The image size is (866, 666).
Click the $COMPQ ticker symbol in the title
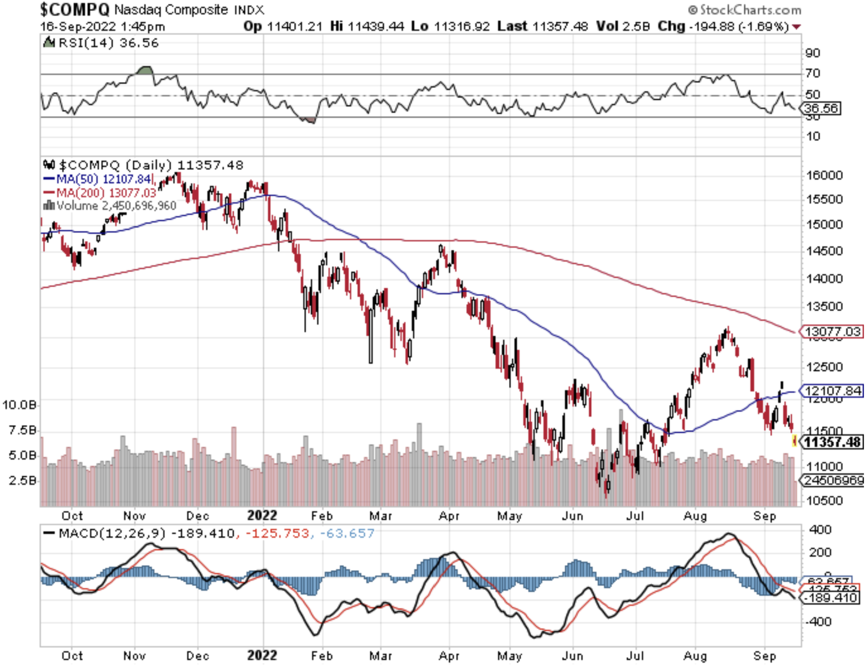click(x=74, y=9)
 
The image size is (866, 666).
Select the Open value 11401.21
click(x=294, y=26)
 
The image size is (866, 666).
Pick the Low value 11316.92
click(x=462, y=26)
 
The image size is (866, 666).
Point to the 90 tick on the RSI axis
click(x=813, y=53)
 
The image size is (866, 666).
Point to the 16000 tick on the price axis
click(x=824, y=175)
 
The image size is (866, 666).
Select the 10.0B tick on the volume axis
click(x=19, y=405)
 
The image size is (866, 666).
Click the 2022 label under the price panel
click(x=262, y=516)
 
